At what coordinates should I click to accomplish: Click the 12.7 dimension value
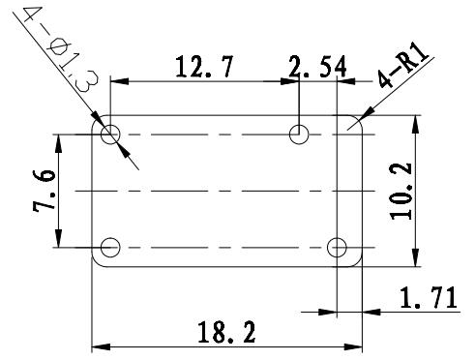click(x=204, y=67)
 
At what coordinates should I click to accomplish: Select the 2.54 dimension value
click(x=317, y=67)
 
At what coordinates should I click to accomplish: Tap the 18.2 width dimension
click(x=226, y=332)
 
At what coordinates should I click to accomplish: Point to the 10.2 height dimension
click(x=401, y=192)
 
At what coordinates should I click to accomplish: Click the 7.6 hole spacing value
click(x=44, y=191)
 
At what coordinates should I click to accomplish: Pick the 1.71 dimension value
click(x=429, y=297)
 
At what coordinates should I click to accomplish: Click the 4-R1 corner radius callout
click(x=403, y=66)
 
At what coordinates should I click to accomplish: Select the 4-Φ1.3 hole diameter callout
click(x=61, y=49)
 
